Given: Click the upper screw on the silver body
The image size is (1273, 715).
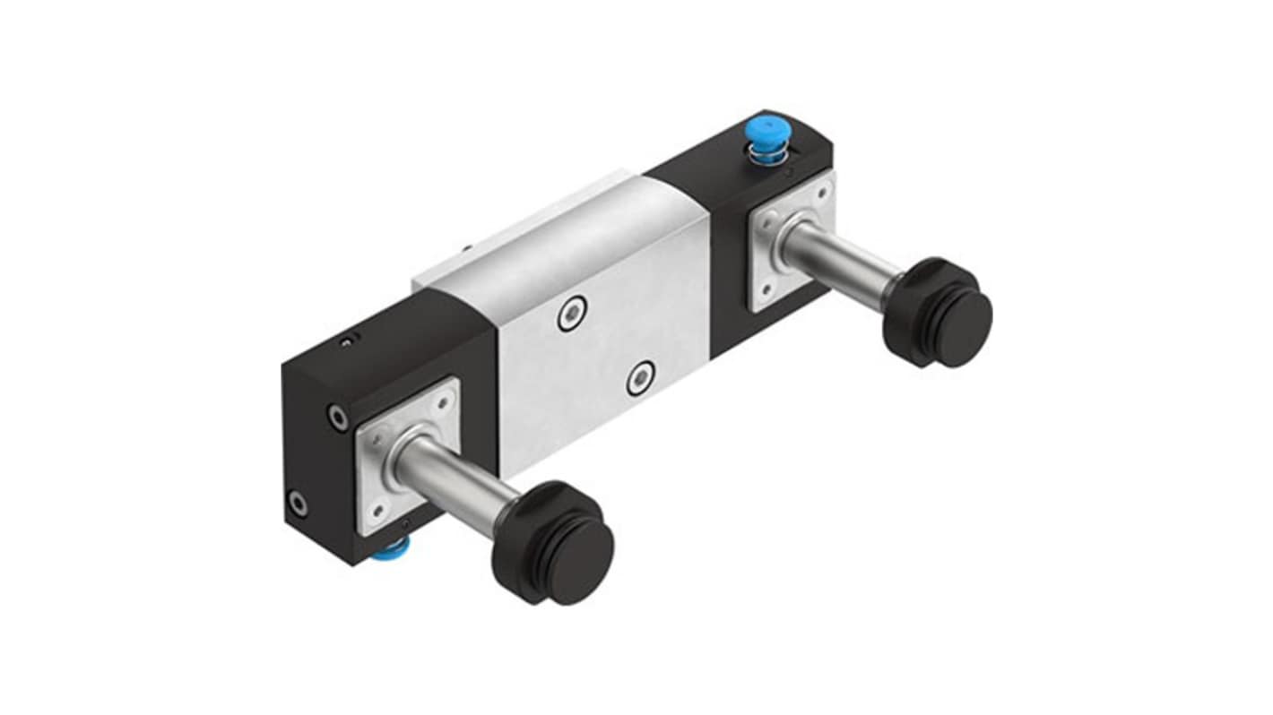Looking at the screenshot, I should (570, 314).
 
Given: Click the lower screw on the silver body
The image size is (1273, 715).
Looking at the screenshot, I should (640, 377).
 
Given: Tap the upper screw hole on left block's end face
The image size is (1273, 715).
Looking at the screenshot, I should (338, 417).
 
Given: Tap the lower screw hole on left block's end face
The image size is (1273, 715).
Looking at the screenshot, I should (297, 504).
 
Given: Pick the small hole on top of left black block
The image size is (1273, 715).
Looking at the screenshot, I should (347, 339).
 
